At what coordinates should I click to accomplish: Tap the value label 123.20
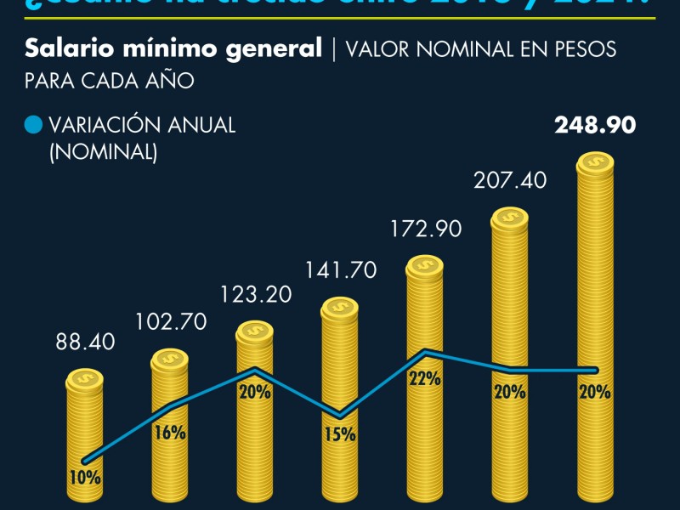255,294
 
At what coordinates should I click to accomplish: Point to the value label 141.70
340,270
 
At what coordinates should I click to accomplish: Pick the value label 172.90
425,229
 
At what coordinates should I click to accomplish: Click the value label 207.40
510,180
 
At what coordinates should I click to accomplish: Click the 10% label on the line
85,478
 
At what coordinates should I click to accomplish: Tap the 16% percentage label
170,433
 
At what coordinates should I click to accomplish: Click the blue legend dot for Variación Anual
34,125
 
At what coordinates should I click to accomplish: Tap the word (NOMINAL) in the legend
103,152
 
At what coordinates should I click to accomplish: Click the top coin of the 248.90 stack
595,164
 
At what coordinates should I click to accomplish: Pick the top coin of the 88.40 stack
85,379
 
